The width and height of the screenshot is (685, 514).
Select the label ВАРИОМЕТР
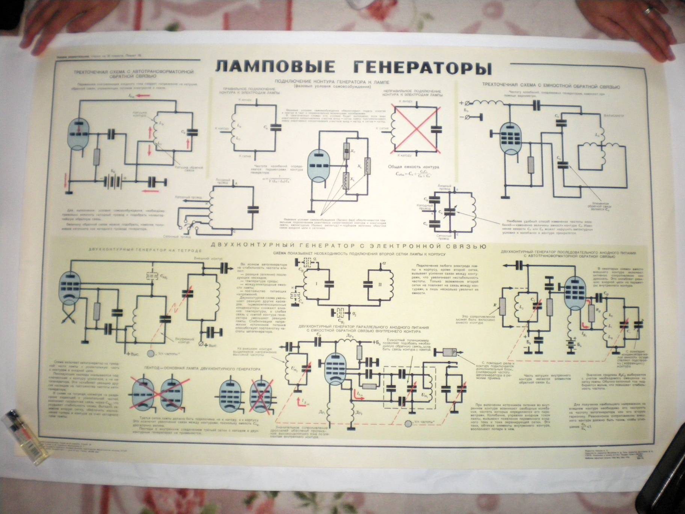coord(614,116)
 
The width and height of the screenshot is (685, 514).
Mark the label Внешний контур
coord(208,259)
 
